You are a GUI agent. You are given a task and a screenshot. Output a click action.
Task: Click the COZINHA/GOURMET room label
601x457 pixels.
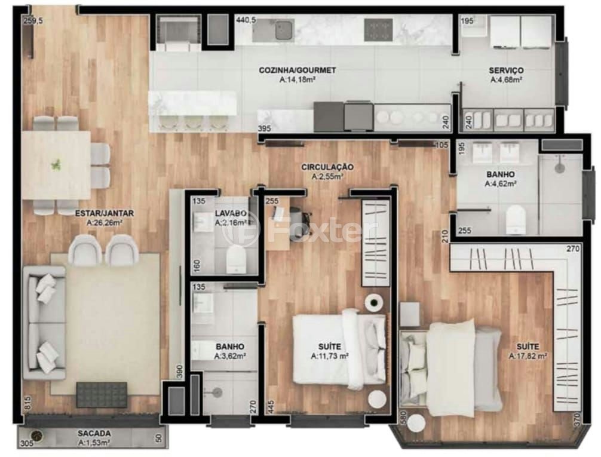[x=298, y=70]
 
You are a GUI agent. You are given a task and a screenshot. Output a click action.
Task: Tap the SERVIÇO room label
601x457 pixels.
[x=506, y=70]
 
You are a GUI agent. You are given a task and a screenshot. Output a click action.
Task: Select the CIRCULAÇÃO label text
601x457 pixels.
[x=327, y=167]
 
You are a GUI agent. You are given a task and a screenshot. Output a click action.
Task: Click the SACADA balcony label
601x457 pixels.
[x=94, y=433]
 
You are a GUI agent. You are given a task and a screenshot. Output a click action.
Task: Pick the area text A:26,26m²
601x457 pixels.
[x=105, y=223]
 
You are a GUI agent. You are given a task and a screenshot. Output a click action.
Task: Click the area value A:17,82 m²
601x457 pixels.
[x=528, y=356]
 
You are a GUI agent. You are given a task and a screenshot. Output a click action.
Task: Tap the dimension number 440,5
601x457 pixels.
[x=246, y=20]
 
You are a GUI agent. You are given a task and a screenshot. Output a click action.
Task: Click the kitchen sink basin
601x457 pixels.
[x=284, y=30]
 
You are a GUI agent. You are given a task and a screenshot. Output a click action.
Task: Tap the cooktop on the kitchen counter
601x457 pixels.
[x=378, y=29]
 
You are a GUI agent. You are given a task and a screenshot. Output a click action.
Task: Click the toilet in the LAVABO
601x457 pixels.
[x=235, y=259]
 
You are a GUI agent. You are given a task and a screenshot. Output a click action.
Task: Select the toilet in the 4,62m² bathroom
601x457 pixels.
[x=514, y=220]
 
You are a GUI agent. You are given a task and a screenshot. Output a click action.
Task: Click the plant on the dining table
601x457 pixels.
[x=56, y=165]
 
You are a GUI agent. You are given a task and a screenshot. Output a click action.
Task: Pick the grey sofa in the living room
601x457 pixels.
[x=44, y=323]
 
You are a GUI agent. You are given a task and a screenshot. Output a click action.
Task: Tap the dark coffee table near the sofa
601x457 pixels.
[x=102, y=394]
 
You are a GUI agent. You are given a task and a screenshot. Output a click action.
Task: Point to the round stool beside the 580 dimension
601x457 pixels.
[x=416, y=424]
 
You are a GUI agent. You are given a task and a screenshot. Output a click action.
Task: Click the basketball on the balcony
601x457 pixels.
[x=37, y=436]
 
